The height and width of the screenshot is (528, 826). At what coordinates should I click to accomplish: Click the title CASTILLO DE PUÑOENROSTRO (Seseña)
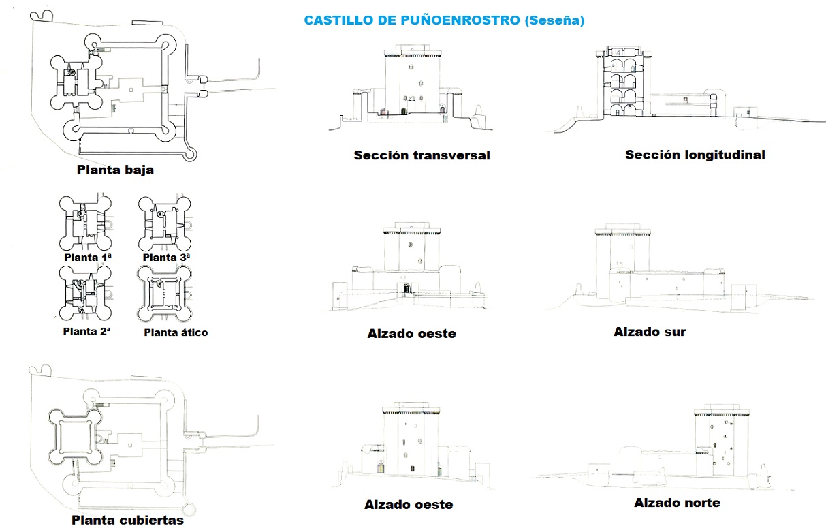444,20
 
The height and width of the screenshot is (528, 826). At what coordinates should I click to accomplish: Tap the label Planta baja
115,170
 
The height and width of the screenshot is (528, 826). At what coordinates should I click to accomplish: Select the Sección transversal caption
422,155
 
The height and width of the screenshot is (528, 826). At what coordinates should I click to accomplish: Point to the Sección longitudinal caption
695,155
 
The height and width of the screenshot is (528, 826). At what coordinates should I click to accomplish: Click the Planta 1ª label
87,258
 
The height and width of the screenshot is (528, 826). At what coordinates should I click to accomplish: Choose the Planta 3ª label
166,258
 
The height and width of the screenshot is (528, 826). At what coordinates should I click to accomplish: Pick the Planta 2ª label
86,332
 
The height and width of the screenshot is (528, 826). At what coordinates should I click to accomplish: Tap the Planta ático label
176,332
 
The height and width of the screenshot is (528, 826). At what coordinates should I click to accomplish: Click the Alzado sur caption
649,332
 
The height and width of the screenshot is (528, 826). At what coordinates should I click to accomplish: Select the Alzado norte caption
677,503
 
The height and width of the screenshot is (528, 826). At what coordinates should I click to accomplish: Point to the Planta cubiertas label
127,520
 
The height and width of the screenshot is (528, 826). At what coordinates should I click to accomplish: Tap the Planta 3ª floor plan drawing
164,223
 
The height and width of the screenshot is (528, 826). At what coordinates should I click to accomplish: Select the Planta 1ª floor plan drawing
85,223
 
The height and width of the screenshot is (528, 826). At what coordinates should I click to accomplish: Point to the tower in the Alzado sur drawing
619,262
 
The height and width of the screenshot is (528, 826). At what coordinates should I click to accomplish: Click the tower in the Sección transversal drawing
411,82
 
